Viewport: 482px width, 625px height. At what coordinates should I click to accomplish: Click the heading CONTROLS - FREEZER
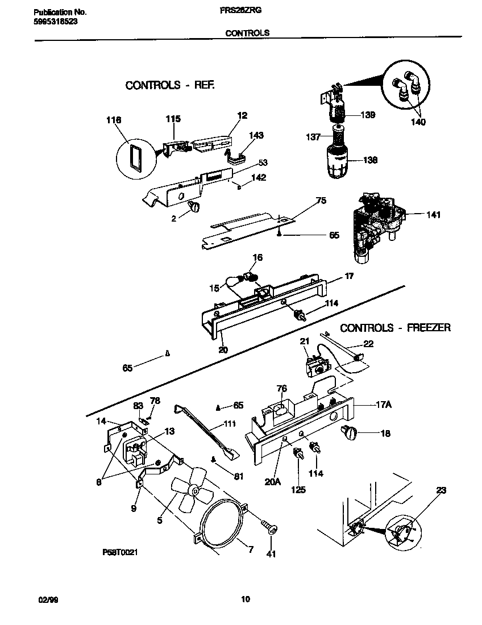click(395, 328)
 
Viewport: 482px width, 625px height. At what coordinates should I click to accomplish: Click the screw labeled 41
click(269, 528)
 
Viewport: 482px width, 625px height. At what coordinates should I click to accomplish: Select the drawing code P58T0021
click(120, 551)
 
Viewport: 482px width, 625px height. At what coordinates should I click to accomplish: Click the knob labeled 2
click(196, 207)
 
